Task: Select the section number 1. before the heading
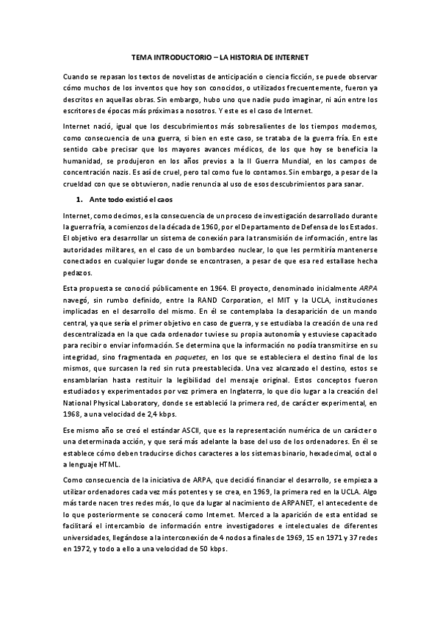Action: click(x=81, y=198)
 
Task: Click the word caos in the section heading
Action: click(x=165, y=198)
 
